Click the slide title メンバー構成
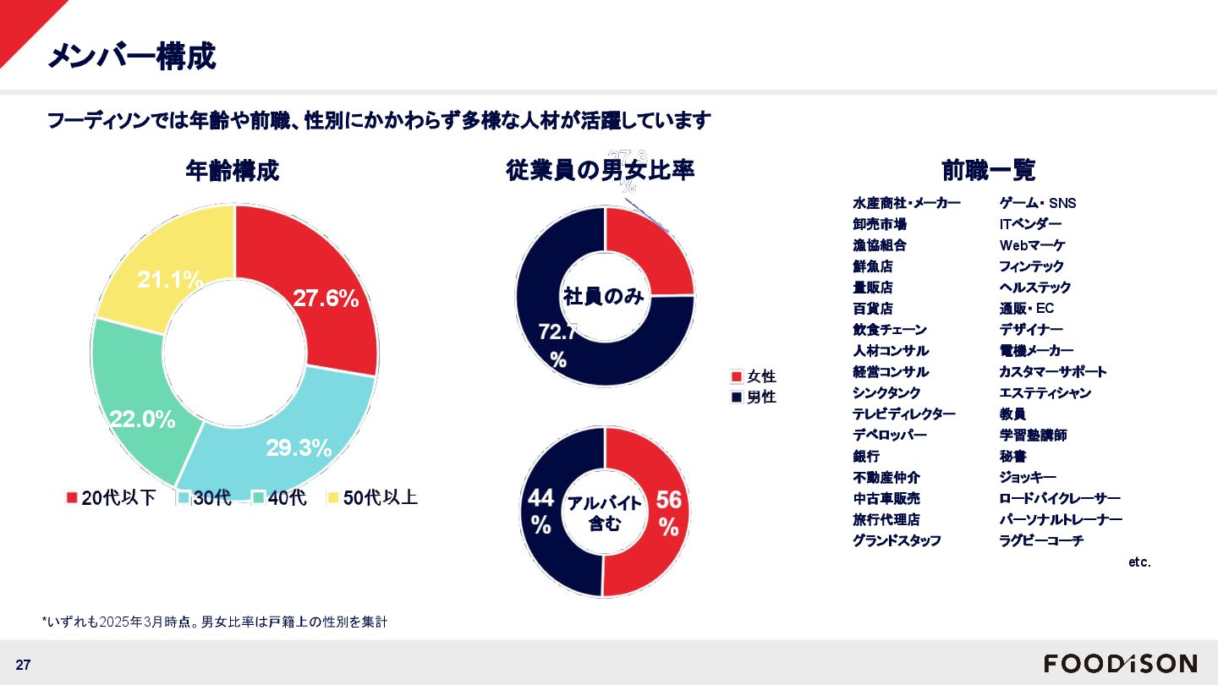[131, 56]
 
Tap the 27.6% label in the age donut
[326, 298]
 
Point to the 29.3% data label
[299, 448]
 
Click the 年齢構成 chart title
[233, 171]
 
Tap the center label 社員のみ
[604, 296]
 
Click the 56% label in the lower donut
[668, 513]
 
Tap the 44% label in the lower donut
[541, 511]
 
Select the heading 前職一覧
[989, 170]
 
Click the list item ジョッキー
[1028, 477]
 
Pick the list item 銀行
[866, 456]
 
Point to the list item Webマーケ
[1032, 245]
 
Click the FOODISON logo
[1120, 663]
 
